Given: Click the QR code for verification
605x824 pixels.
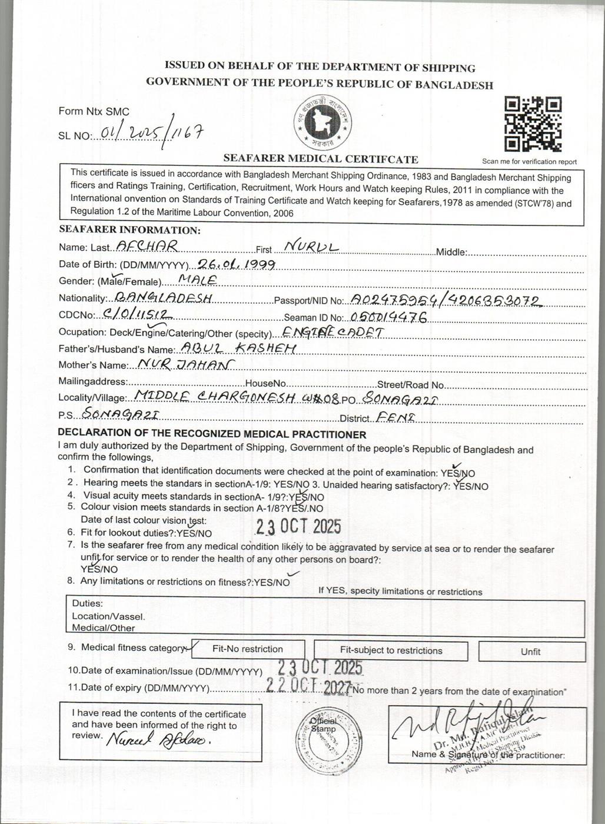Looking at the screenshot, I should coord(533,124).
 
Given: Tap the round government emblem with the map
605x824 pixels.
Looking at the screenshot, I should coord(323,122).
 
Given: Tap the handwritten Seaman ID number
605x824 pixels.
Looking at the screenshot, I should coord(389,317).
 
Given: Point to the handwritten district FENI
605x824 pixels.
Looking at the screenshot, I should coord(395,417).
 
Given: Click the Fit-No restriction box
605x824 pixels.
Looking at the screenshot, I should coord(247,649).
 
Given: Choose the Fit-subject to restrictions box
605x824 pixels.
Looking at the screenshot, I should coord(391,650).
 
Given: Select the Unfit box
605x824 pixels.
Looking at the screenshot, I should coord(530,652).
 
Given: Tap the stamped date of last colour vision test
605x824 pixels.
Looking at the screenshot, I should coord(298,526).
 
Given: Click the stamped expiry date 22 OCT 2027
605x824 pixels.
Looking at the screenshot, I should coord(308,685).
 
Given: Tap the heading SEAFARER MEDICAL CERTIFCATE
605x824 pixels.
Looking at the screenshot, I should coord(321,159).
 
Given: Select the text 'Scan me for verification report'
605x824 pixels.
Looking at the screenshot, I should coord(529,162).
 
